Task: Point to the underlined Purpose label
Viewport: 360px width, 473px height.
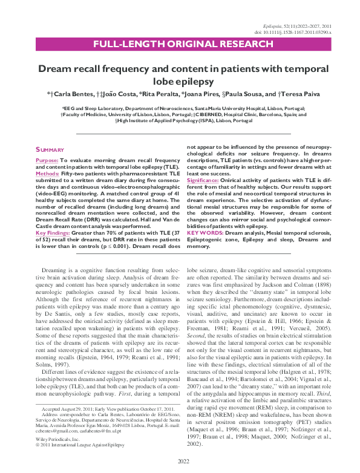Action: pyautogui.click(x=47, y=159)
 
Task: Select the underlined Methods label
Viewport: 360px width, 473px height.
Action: pyautogui.click(x=48, y=173)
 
